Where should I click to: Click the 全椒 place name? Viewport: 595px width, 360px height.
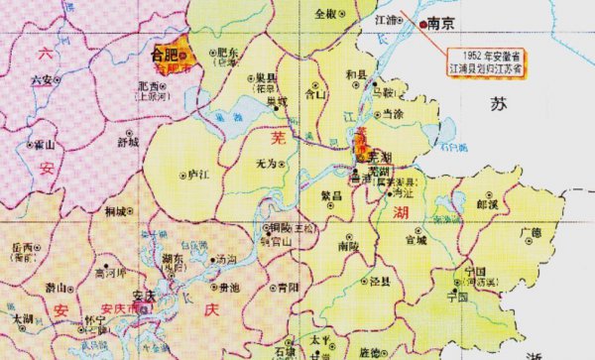326,14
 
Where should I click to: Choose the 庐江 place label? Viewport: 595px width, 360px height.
196,175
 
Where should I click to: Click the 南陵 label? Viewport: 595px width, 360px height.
348,244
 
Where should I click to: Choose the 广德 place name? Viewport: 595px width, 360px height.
533,232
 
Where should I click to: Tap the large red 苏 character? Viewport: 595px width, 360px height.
498,104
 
